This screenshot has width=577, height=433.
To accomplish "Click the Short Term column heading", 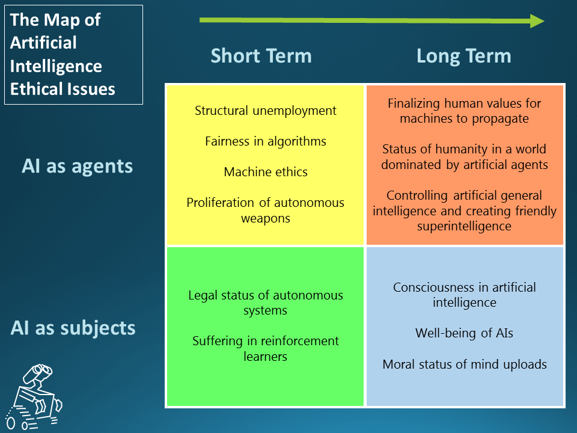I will coord(261,56).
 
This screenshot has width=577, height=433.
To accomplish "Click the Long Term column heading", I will coord(463,56).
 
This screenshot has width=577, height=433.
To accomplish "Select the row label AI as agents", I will coord(78,166).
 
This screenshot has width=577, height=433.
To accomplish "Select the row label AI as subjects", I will coord(73,328).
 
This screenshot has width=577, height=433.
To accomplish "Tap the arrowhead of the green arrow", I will coord(537,20).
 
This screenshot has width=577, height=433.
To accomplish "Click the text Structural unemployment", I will coord(266,111).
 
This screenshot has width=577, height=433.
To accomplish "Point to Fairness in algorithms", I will coord(266,141).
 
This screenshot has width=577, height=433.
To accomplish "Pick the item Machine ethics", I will coord(266,172).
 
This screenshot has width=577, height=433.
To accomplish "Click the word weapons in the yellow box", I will coord(266,218).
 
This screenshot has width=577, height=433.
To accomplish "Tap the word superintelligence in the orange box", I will coord(464,226).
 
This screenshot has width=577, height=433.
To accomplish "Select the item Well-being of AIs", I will coord(464,333).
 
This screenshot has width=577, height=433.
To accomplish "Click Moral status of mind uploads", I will coord(464,364).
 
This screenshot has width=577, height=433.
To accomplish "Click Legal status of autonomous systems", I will coord(266,302).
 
